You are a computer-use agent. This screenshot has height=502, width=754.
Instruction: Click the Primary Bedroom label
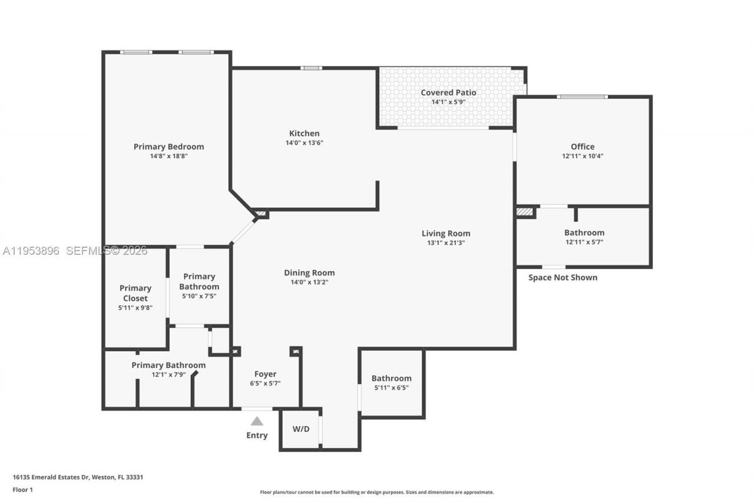click(168, 147)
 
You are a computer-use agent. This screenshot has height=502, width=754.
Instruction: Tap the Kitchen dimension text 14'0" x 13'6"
click(304, 143)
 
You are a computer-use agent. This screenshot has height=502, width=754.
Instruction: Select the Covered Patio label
click(448, 92)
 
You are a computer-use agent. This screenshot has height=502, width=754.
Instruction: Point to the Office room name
click(582, 147)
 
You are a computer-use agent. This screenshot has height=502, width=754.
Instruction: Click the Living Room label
click(446, 233)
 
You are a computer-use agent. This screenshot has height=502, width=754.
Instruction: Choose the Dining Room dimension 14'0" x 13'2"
click(309, 282)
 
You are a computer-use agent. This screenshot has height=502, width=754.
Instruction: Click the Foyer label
click(265, 374)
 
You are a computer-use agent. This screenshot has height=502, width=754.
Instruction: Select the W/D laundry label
click(301, 429)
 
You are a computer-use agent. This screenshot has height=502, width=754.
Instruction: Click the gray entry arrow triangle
click(257, 421)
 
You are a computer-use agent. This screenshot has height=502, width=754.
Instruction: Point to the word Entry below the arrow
click(257, 435)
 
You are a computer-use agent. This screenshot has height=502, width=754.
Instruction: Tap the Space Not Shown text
click(563, 278)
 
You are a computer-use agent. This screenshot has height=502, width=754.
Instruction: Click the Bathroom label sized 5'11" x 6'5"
click(391, 378)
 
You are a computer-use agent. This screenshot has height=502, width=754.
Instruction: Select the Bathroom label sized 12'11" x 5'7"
click(584, 232)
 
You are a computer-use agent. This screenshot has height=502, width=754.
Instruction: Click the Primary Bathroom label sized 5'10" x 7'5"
click(199, 281)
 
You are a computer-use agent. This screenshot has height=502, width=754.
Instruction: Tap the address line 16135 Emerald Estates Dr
click(78, 477)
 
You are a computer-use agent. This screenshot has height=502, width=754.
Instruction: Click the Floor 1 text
click(22, 490)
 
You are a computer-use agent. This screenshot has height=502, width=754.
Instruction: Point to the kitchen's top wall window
click(311, 68)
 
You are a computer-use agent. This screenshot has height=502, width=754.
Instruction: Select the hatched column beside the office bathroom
click(524, 211)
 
